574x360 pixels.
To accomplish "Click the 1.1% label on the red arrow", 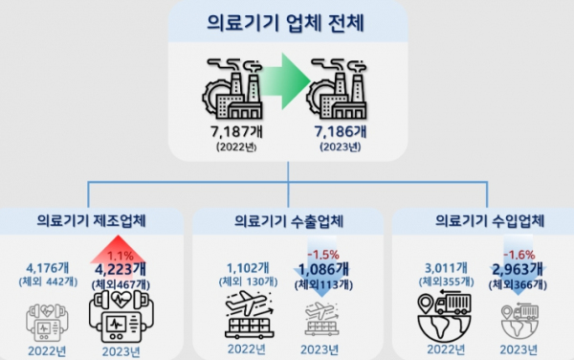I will point(121,256).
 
